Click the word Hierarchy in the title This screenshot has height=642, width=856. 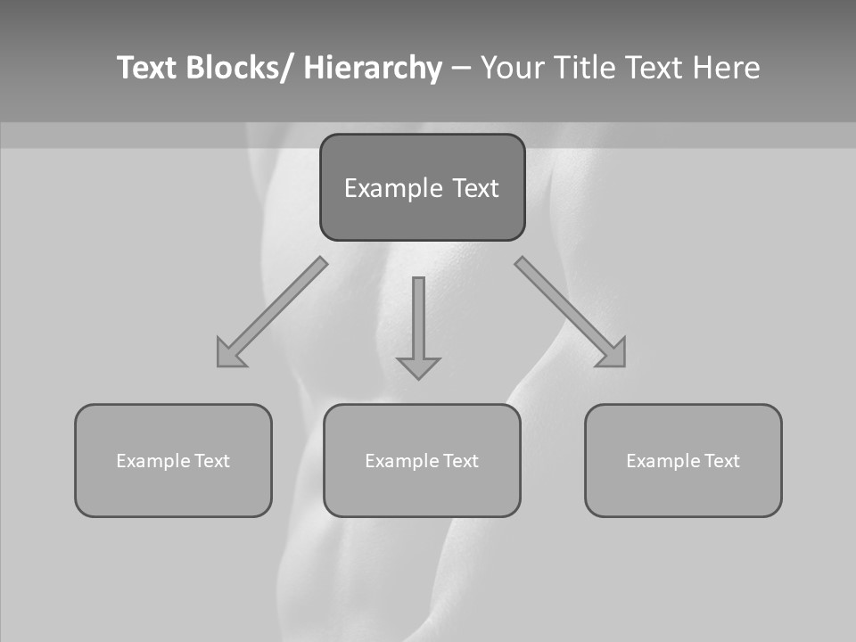coord(373,69)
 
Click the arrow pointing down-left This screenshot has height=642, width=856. coord(272,312)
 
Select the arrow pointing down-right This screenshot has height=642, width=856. coord(571,312)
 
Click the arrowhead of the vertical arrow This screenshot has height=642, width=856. coord(418,366)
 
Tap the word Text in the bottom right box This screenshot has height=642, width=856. coord(722,461)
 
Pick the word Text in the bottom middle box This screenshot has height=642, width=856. coord(461,461)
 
